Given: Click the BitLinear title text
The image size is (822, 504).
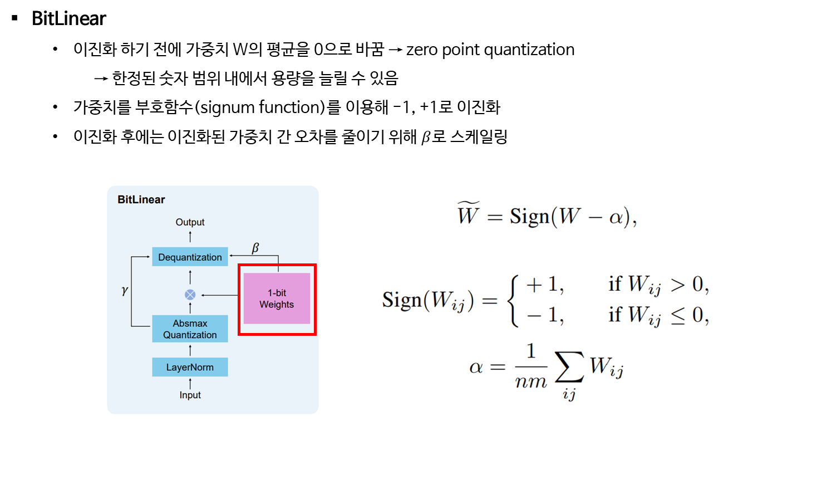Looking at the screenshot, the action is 141,199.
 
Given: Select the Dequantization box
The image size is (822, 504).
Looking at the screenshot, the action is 190,257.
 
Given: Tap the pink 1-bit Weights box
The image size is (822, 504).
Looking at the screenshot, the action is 277,299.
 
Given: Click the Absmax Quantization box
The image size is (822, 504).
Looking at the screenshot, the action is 190,329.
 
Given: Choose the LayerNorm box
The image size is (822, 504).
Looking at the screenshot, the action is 190,367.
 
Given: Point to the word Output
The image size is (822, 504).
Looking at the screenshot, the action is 190,222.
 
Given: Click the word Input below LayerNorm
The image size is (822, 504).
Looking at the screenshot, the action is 190,395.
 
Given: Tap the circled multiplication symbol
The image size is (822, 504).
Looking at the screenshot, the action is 190,295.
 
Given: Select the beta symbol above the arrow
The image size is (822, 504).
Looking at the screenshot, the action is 255,248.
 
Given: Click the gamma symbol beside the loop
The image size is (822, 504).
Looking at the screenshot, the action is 125,291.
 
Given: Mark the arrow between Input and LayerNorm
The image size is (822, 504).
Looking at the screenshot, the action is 190,383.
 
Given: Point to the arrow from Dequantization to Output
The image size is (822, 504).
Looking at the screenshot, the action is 190,237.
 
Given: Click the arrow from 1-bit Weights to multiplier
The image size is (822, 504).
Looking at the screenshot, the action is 220,295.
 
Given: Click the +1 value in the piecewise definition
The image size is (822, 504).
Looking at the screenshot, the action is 544,285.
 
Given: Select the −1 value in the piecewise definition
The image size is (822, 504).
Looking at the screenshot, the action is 544,315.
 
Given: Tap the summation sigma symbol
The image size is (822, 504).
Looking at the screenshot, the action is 569,366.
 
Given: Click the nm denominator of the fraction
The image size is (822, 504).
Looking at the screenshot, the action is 531,382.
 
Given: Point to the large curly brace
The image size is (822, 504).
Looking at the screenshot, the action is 513,300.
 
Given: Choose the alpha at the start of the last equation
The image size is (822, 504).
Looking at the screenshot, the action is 476,367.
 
